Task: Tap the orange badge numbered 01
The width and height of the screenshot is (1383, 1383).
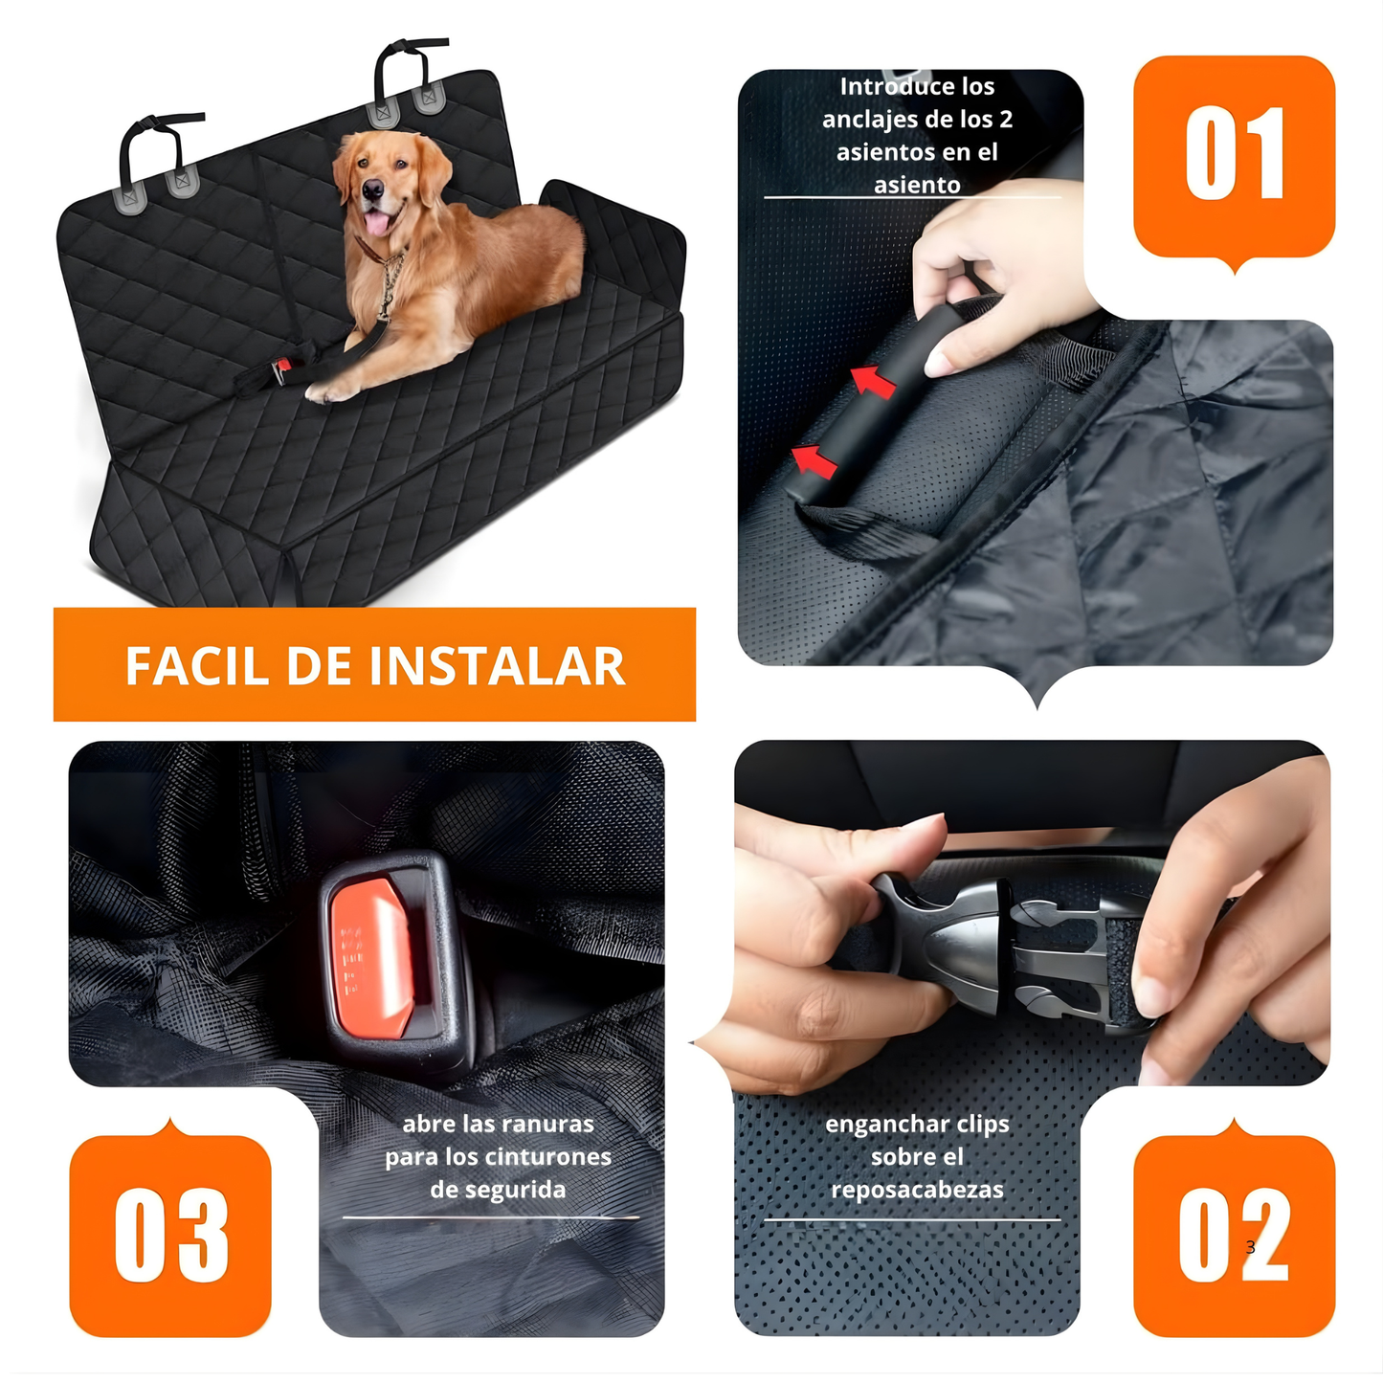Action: [x=1234, y=156]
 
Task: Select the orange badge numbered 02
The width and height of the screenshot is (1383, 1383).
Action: [x=1234, y=1235]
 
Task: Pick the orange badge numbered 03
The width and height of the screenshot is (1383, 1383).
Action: [x=170, y=1235]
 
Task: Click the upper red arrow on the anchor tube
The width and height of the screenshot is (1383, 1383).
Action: [x=873, y=382]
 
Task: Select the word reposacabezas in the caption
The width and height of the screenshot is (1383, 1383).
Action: [x=917, y=1190]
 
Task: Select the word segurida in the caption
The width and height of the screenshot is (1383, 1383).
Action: [x=498, y=1190]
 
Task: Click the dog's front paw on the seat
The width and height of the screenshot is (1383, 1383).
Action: [x=325, y=391]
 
